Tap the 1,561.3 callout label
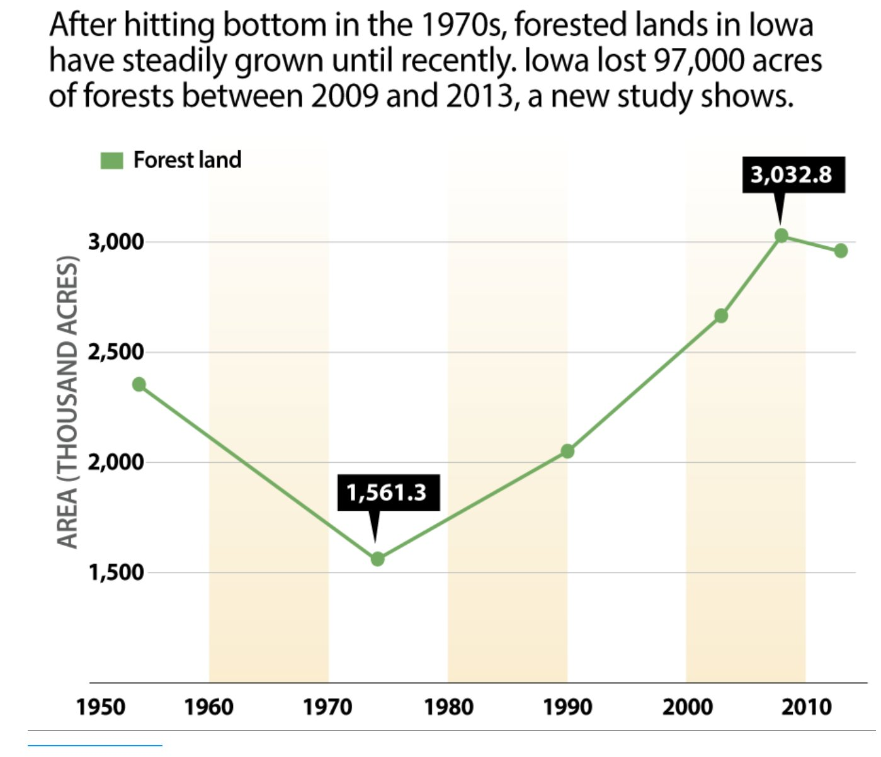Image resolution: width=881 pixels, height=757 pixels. (x=386, y=492)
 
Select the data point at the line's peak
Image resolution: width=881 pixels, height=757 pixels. (x=782, y=236)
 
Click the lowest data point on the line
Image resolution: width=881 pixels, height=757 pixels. (x=377, y=559)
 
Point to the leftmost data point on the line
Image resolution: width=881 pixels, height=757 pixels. (x=139, y=384)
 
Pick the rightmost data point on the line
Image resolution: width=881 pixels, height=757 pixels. (x=841, y=251)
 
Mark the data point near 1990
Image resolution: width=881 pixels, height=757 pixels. (x=567, y=451)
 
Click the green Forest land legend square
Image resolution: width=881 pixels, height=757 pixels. (x=111, y=161)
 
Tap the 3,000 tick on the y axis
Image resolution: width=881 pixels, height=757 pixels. (x=116, y=242)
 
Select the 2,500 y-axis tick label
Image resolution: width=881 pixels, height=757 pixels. (x=116, y=352)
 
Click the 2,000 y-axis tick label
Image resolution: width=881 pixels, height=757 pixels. (x=116, y=462)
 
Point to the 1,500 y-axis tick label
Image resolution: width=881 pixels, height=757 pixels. (x=116, y=572)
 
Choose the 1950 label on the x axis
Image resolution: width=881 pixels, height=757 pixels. (x=101, y=707)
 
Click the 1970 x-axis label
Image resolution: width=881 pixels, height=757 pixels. (x=327, y=707)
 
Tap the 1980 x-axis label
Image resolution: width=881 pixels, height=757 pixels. (x=448, y=707)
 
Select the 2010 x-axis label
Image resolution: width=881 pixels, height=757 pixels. (x=807, y=707)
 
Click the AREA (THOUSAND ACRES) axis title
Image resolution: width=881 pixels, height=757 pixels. (x=67, y=403)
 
